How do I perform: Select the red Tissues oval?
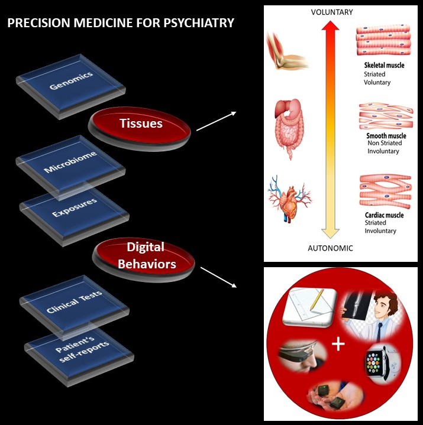pyautogui.click(x=141, y=123)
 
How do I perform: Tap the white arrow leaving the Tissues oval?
pyautogui.click(x=216, y=119)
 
